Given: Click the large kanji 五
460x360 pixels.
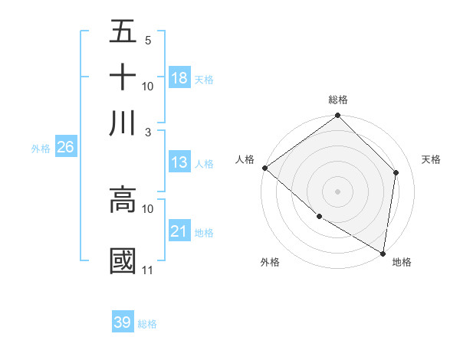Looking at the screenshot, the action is [x=123, y=31].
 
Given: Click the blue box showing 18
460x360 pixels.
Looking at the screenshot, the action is [x=179, y=78].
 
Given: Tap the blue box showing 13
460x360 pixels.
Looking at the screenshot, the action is [x=179, y=162].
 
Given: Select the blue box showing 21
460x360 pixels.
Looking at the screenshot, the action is [x=179, y=231].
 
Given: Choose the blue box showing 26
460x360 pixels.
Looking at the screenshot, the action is [x=65, y=148].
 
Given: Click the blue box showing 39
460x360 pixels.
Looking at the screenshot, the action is [x=123, y=322].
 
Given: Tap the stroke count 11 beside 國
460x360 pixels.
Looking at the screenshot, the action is [x=147, y=270].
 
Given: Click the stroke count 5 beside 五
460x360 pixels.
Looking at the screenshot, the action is [x=147, y=40].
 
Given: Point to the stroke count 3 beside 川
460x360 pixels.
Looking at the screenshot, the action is [x=147, y=132].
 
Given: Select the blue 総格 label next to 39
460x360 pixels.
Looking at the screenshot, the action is [x=147, y=324].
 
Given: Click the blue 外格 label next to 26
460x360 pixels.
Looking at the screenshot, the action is [x=41, y=149].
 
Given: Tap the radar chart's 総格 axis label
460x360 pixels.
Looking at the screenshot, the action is [x=338, y=100].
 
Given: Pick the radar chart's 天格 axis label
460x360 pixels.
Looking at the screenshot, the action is [x=431, y=159].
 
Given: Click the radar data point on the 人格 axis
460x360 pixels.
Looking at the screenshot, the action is [x=264, y=168].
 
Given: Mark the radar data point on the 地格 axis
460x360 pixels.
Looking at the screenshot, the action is [x=383, y=252].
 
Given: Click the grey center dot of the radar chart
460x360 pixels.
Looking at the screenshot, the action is [x=338, y=191].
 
